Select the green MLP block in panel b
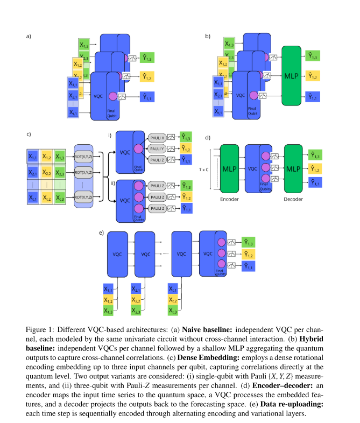(292, 76)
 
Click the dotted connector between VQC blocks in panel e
(165, 253)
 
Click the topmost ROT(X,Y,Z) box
(84, 157)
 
